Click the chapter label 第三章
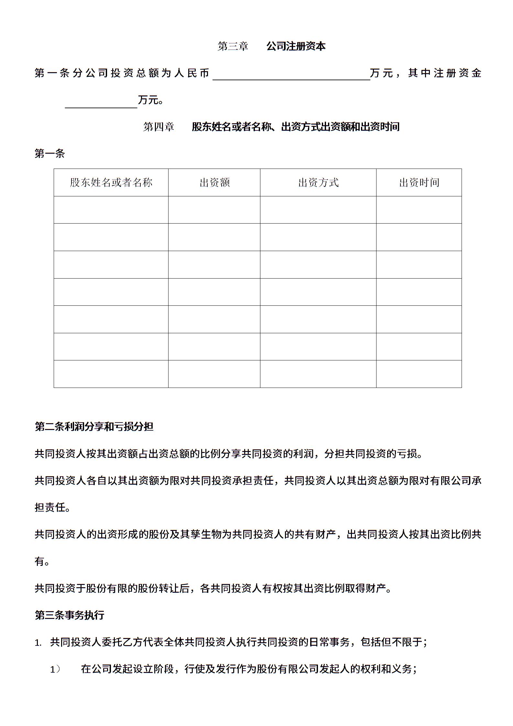233,46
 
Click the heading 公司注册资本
296,46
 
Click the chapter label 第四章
158,126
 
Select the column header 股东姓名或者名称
111,182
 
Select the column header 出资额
214,182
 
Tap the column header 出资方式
318,182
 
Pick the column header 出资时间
419,182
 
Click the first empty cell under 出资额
214,210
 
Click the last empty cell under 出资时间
419,374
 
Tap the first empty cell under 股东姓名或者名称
111,210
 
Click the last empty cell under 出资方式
318,374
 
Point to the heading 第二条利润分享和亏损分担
94,427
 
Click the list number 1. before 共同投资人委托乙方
38,643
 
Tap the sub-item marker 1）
55,669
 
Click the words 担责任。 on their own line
53,508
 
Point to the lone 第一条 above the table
50,154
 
